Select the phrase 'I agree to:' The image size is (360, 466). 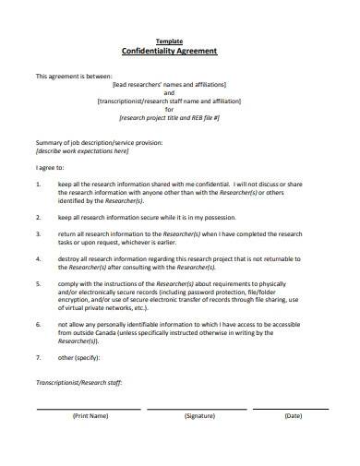[49, 168]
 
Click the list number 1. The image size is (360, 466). [38, 185]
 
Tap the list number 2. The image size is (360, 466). [38, 217]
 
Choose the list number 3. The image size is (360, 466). [38, 234]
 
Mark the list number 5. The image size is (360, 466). [38, 284]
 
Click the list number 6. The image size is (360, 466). [38, 326]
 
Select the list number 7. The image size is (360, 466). [38, 355]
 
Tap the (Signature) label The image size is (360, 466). [199, 415]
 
